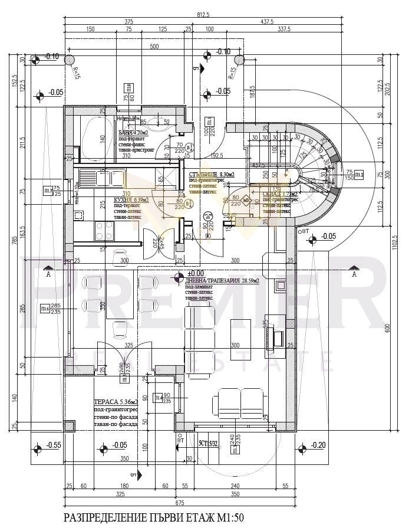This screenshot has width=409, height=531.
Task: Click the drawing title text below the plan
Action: point(153,518)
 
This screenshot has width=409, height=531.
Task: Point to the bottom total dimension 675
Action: point(179,503)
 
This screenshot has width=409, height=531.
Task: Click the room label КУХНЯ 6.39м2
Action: point(131,201)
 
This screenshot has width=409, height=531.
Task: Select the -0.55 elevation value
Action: point(54,445)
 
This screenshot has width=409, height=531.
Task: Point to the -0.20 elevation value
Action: point(319,445)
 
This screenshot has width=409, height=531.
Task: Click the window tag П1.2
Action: point(358,174)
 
